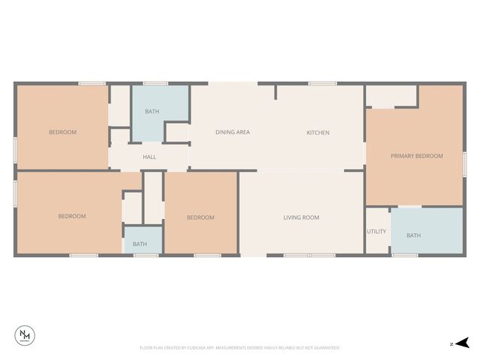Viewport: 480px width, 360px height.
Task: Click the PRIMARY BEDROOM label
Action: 416,156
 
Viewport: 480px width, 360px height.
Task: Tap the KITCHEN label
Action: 317,133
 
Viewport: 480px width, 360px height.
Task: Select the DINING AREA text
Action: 232,133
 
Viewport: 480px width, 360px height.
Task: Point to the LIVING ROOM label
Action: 301,217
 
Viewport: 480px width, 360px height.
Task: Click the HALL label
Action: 149,157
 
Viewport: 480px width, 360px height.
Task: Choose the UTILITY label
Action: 376,232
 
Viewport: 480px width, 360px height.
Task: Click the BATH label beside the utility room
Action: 413,235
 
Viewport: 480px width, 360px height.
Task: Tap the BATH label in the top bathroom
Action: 152,112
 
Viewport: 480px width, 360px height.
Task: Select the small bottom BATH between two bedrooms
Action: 140,244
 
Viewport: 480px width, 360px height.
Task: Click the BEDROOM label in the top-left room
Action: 62,133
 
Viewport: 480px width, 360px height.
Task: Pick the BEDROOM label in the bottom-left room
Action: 72,217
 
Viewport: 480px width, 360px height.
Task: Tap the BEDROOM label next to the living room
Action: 200,217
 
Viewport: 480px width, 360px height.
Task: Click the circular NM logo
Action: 25,336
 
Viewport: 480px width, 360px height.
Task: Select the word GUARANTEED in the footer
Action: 323,348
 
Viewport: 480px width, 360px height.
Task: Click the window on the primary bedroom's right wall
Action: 465,163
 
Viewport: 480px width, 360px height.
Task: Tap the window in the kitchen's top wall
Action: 322,83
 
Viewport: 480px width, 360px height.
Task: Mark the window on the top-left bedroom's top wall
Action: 91,83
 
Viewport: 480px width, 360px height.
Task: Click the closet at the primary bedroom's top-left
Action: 391,96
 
